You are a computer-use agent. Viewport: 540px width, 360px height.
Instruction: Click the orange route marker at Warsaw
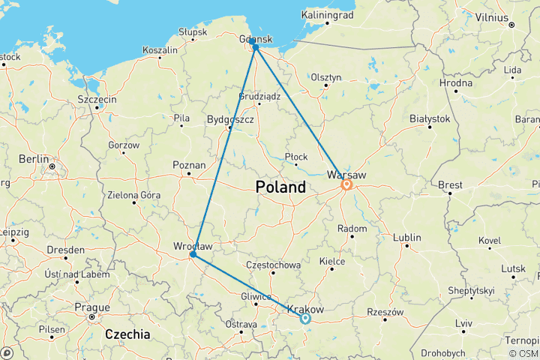(347, 184)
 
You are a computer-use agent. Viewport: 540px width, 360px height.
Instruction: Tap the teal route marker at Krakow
(305, 318)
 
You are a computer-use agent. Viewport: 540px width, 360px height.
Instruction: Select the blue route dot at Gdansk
(256, 47)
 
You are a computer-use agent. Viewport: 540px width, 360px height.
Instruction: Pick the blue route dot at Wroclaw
(193, 254)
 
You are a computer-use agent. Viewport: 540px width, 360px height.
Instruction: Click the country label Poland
(280, 187)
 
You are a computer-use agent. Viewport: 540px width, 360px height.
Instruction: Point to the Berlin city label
(34, 159)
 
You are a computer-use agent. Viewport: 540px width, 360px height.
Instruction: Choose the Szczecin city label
(97, 99)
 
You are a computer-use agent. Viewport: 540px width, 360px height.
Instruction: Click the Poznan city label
(188, 165)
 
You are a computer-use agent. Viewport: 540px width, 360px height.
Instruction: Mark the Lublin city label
(406, 238)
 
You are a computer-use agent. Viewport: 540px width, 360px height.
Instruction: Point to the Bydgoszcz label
(231, 119)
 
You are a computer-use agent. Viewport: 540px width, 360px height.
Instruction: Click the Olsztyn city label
(326, 76)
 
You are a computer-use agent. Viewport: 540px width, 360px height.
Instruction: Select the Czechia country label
(127, 334)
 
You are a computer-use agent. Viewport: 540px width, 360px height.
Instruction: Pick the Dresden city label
(64, 249)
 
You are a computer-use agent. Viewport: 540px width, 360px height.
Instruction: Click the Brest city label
(450, 184)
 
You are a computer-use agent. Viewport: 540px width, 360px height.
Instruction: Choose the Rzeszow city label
(385, 312)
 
